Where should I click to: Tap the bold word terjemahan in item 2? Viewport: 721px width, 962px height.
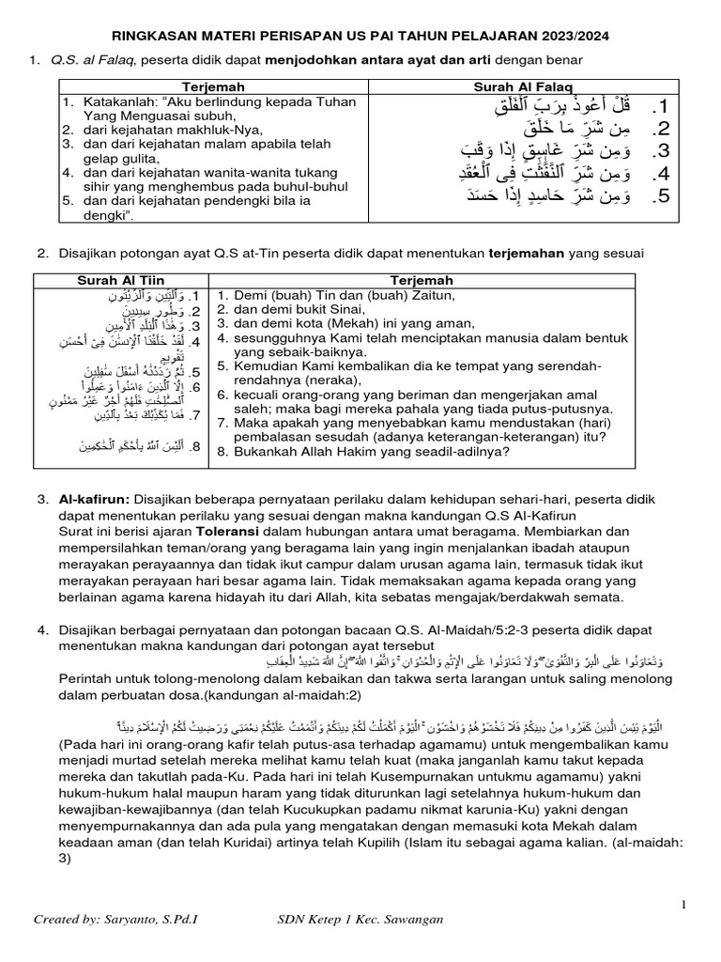click(528, 254)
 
